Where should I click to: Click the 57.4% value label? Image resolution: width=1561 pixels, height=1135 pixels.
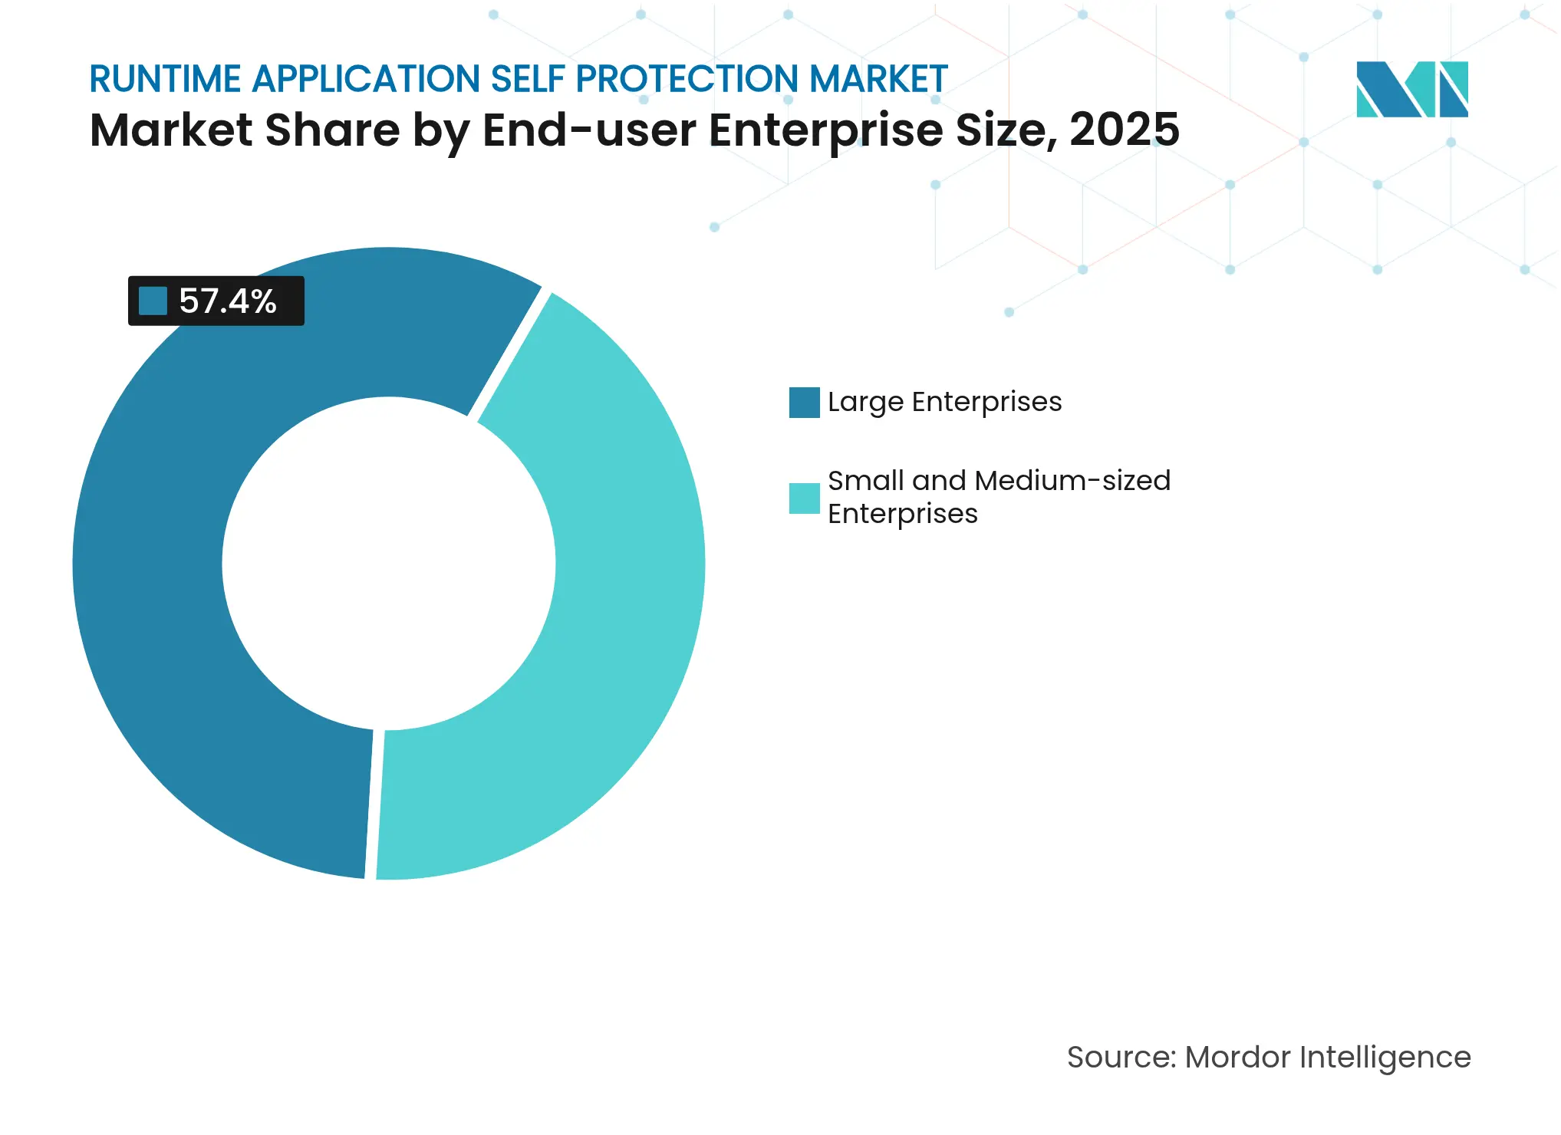(x=227, y=301)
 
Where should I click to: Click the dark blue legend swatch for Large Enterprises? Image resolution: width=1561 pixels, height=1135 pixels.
(x=804, y=403)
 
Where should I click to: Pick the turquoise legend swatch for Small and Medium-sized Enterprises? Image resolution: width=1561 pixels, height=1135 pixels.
(x=804, y=498)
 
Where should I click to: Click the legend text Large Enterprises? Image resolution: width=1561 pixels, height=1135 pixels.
(x=944, y=402)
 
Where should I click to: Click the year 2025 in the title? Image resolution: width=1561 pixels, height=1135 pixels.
(x=1124, y=130)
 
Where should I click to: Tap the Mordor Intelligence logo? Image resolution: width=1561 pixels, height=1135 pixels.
(x=1411, y=89)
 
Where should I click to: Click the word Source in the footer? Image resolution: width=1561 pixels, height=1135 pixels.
(x=1119, y=1058)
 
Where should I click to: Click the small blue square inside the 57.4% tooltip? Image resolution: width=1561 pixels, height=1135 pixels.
(x=153, y=301)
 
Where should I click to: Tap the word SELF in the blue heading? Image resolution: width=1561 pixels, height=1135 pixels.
(x=528, y=79)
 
